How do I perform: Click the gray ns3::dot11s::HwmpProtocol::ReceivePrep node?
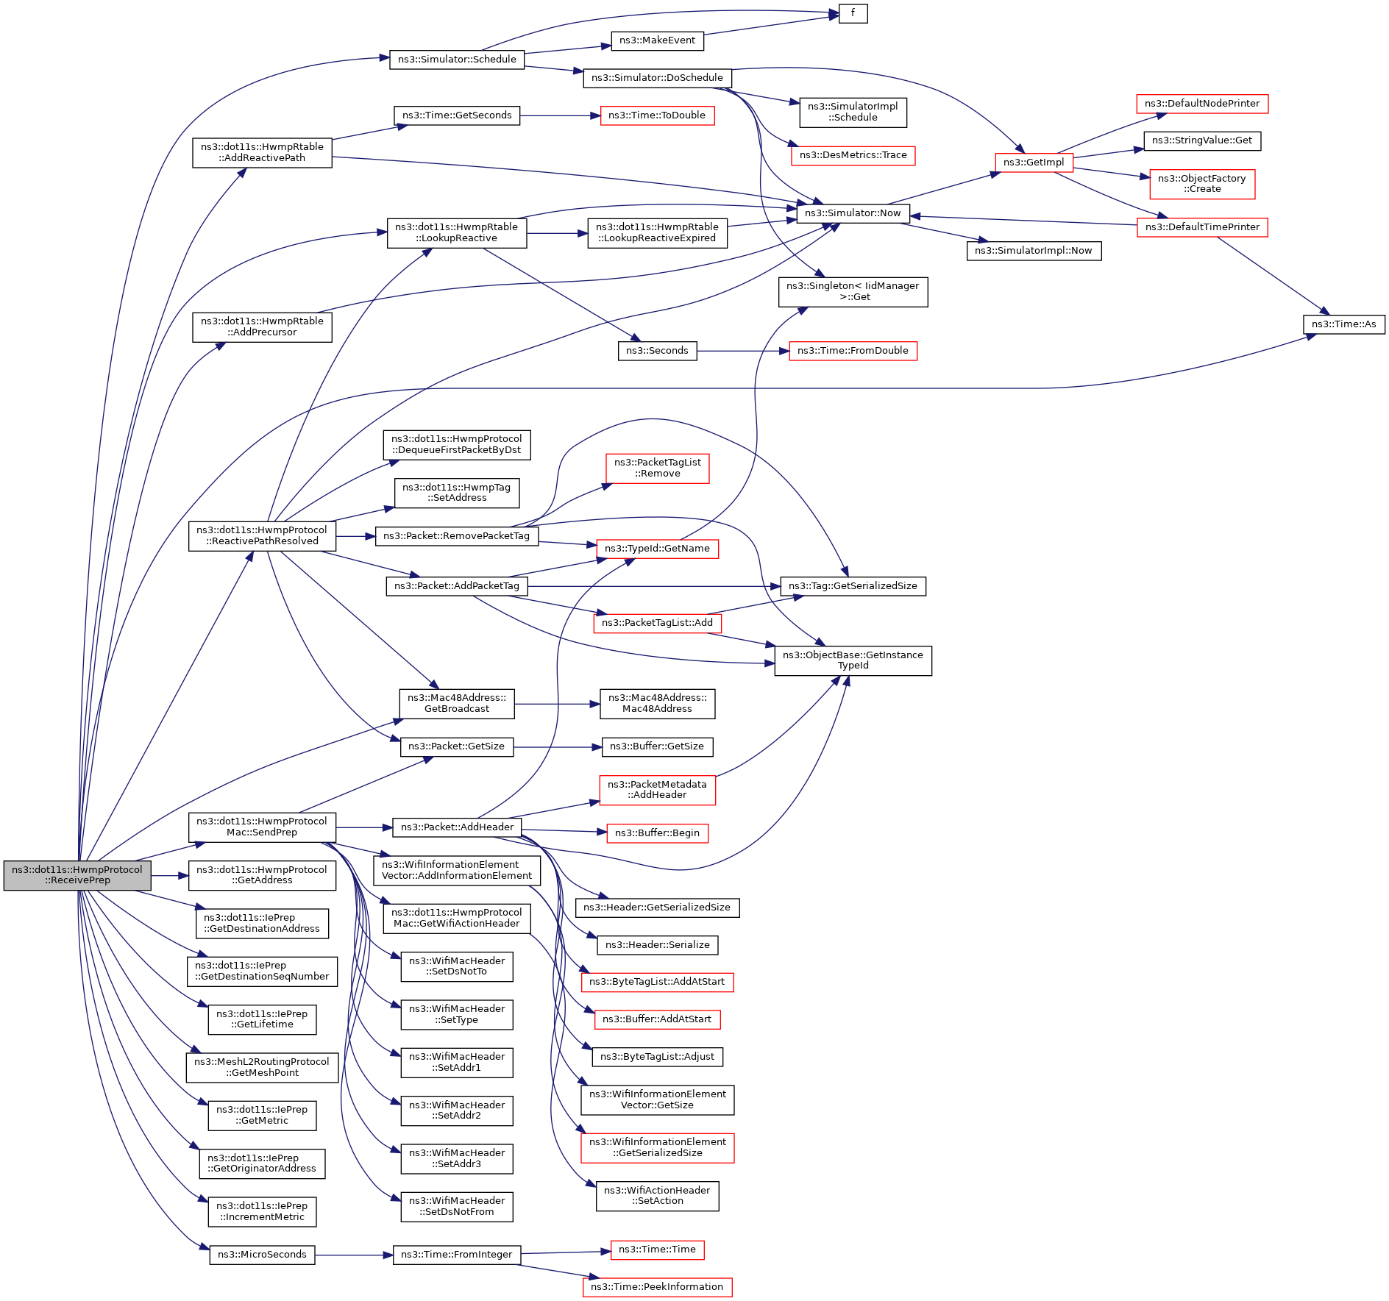tap(77, 875)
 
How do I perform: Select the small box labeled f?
tap(853, 13)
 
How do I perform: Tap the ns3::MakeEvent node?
tap(657, 40)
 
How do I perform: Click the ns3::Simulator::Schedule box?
tap(457, 60)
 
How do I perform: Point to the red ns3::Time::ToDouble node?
tap(657, 115)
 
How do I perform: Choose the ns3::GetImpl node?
tap(1034, 163)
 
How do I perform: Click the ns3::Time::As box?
tap(1344, 324)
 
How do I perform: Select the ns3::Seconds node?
tap(657, 351)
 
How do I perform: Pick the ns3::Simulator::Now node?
tap(853, 213)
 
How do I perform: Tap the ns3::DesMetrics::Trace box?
tap(853, 155)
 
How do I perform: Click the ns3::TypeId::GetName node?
tap(657, 549)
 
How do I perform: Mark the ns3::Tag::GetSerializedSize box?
tap(853, 586)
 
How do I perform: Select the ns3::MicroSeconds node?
tap(262, 1255)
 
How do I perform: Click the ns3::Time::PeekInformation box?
tap(657, 1287)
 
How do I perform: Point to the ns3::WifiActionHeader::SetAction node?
tap(657, 1196)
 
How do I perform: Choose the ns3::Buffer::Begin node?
tap(657, 833)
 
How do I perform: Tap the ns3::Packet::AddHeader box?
tap(457, 827)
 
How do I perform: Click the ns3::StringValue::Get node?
tap(1202, 140)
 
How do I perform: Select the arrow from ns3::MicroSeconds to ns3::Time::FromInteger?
tap(354, 1255)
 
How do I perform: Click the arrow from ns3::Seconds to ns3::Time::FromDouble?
tap(743, 351)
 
